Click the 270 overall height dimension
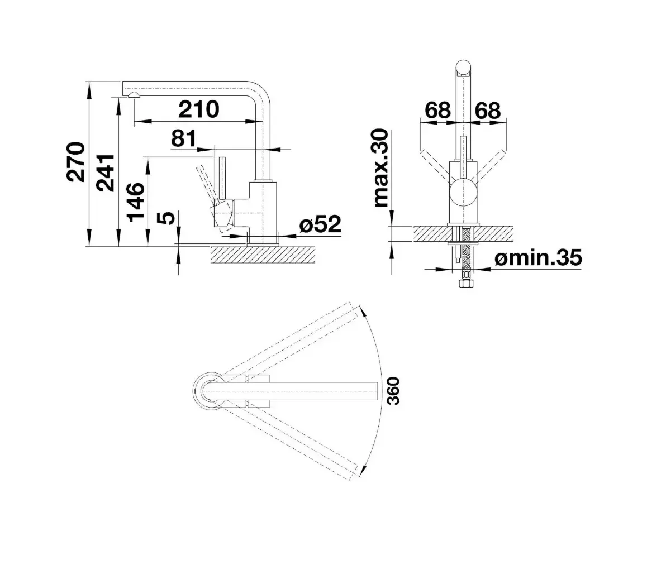pos(76,162)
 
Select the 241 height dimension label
pos(105,173)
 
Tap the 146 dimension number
pos(136,202)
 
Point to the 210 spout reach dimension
pos(199,109)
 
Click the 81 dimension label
pos(184,138)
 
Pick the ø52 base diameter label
pos(320,224)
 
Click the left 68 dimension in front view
pos(438,111)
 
